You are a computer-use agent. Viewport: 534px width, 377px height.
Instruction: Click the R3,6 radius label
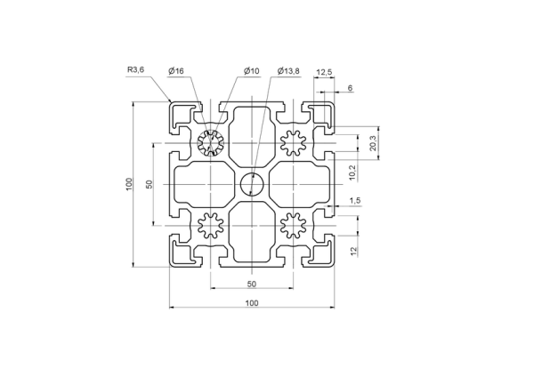click(136, 70)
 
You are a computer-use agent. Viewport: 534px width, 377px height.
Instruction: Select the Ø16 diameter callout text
click(176, 71)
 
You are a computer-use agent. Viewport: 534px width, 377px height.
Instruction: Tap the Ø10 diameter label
click(252, 71)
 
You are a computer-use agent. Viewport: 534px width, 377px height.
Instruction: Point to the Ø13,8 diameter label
click(288, 71)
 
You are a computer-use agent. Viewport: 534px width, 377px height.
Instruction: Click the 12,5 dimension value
click(324, 72)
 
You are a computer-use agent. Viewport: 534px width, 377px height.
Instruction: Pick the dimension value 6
click(350, 88)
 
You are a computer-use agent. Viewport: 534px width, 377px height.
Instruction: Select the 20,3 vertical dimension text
click(373, 143)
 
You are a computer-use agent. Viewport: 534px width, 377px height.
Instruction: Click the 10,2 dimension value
click(352, 172)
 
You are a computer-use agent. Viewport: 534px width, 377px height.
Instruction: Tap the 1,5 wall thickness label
click(355, 201)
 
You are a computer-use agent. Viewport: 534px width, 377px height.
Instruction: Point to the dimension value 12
click(354, 251)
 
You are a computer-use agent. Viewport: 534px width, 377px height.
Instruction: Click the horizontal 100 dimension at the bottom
click(252, 303)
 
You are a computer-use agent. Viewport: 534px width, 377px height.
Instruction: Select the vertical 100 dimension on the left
click(129, 184)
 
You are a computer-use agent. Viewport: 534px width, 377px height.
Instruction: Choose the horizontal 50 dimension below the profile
click(252, 284)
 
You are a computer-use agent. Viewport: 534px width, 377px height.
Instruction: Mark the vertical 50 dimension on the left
click(150, 184)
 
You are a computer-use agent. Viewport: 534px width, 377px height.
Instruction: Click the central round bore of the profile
click(253, 184)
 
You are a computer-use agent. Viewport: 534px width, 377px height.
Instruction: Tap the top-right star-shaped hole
click(293, 143)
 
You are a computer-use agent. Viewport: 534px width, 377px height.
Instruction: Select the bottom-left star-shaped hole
click(211, 225)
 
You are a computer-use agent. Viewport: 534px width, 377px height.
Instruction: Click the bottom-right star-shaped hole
click(293, 225)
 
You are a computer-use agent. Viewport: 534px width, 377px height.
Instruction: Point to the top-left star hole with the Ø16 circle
click(211, 143)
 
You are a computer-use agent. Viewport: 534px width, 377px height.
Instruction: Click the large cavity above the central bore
click(252, 137)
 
